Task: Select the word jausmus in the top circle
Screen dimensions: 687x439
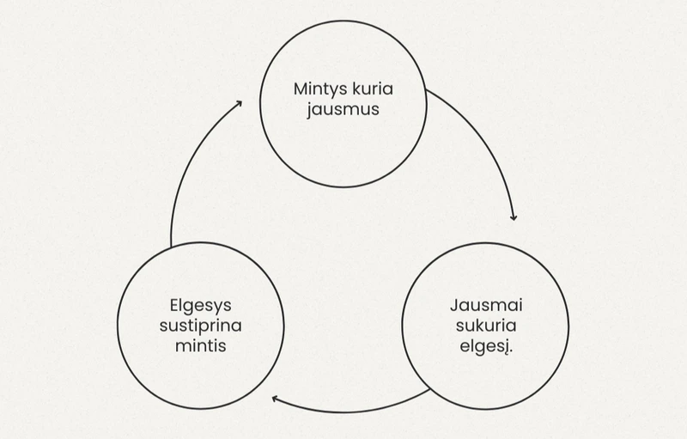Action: point(343,110)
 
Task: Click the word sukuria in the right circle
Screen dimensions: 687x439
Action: point(485,326)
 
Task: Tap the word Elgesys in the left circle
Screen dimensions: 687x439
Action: point(200,306)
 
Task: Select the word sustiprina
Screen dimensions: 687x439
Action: point(200,326)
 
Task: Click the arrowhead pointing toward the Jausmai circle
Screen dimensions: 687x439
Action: point(514,216)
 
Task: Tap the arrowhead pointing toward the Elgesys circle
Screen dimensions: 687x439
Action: point(276,399)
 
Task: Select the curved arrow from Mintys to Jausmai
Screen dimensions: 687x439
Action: point(486,137)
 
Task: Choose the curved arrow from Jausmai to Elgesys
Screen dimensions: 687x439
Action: point(352,411)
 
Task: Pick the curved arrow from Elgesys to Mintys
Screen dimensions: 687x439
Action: point(185,172)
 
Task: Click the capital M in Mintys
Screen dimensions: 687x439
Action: point(300,90)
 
